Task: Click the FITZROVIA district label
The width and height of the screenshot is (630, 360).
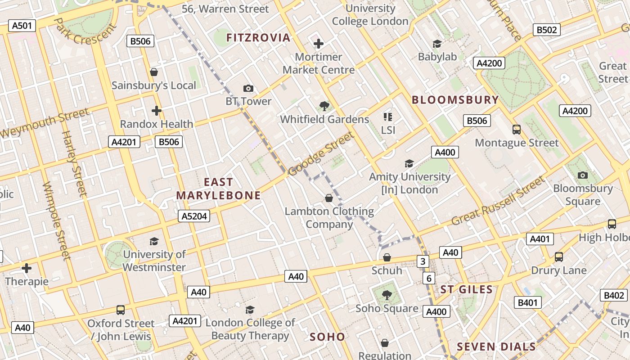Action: coord(258,37)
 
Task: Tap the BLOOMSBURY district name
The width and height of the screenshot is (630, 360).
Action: coord(455,100)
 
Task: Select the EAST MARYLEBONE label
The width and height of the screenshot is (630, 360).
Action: coord(219,189)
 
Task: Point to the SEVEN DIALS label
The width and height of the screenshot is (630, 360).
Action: coord(496,346)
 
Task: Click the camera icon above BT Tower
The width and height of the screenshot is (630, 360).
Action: coord(248,88)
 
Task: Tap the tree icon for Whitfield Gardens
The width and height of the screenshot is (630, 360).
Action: coord(324,106)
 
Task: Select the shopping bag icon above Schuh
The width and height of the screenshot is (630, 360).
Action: coord(387,257)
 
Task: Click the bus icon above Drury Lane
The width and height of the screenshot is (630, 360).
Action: coord(559,257)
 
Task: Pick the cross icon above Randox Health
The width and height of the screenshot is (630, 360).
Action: coord(156,111)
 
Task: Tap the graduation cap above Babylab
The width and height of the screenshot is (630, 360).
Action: coord(437,44)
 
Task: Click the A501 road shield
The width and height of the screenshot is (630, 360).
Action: coord(22,26)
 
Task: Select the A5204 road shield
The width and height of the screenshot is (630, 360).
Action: coord(194,216)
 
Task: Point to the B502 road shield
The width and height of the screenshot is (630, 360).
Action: coord(547,30)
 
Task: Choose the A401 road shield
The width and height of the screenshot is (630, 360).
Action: coord(540,239)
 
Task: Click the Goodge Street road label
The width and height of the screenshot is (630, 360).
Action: coord(321,154)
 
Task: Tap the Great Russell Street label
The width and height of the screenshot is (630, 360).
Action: coord(498,201)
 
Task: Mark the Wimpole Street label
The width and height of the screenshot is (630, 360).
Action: coord(57,220)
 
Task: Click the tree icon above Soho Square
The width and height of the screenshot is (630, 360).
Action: coord(387,295)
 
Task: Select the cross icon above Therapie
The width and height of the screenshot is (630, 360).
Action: coord(27,269)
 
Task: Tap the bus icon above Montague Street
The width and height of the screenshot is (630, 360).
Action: coord(517,130)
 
